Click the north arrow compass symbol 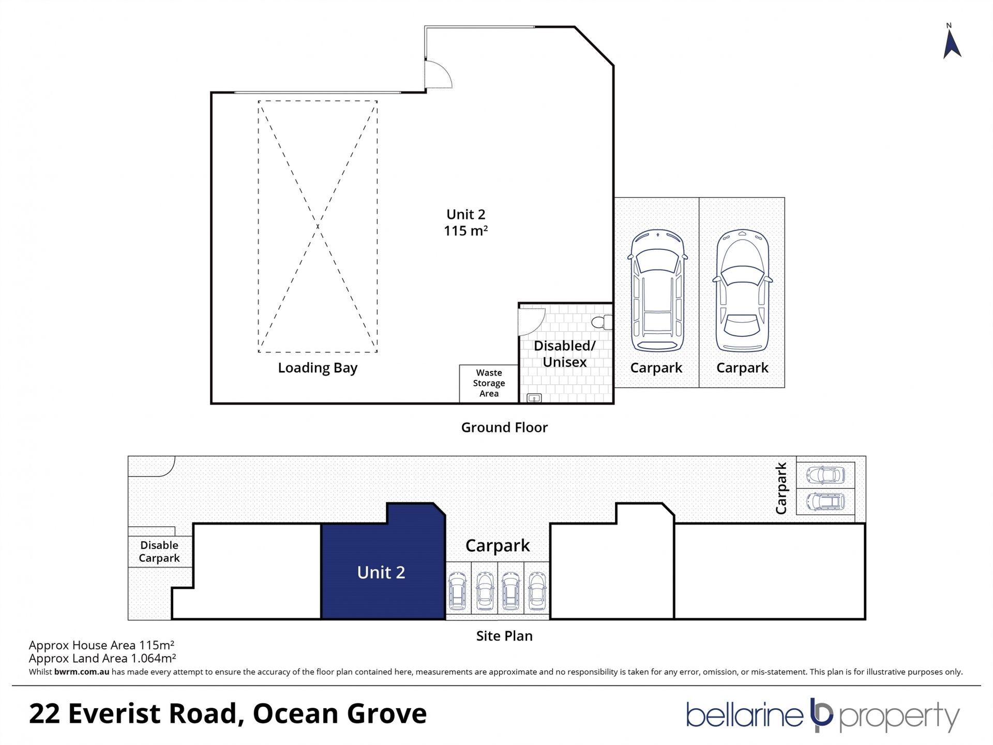(952, 44)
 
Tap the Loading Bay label (318, 368)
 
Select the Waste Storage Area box (489, 383)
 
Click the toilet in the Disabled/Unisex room (602, 322)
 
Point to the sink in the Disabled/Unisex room (534, 398)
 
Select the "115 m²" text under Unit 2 (465, 231)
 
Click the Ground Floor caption (504, 427)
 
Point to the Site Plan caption (504, 636)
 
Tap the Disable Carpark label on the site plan (159, 552)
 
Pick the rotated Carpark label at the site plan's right (781, 488)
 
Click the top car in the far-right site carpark (825, 474)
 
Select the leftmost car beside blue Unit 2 (458, 591)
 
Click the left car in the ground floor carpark (657, 291)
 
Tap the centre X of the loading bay (318, 227)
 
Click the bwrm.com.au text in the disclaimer (82, 672)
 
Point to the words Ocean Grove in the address (340, 713)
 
